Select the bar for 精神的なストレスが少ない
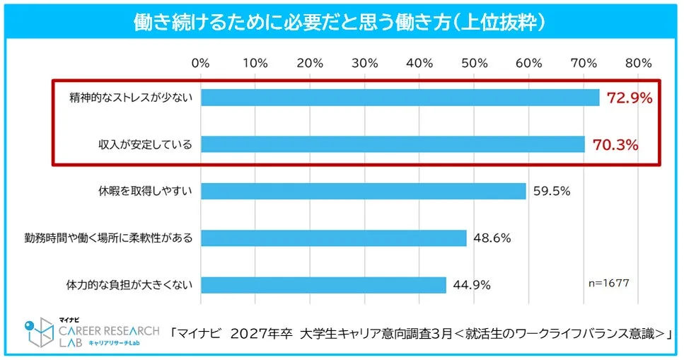coord(400,98)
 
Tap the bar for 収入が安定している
coord(393,145)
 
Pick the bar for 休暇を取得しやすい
coord(363,191)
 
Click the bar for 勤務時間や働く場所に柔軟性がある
coord(333,238)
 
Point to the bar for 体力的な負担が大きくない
coord(323,285)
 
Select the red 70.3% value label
coord(615,146)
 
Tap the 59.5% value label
coord(552,192)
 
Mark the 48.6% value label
coord(492,238)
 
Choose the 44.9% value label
coord(472,286)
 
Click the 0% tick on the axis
coord(201,63)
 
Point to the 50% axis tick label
coord(475,63)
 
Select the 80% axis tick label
coord(638,63)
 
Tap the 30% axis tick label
coord(365,63)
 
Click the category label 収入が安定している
coord(145,145)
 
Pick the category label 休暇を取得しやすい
coord(145,192)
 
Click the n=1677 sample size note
coord(608,282)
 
